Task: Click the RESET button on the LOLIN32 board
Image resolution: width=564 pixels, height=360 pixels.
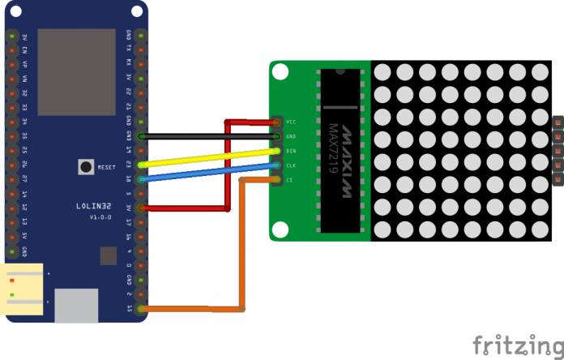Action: click(x=85, y=167)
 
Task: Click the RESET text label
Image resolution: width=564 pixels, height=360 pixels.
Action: click(x=107, y=168)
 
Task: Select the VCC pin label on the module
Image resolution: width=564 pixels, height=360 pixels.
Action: click(x=291, y=122)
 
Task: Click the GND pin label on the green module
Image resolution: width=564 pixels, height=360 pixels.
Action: click(x=291, y=136)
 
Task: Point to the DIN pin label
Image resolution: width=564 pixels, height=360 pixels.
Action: click(x=291, y=151)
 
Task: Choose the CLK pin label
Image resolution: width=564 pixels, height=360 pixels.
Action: click(x=291, y=165)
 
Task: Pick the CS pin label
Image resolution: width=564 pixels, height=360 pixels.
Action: click(x=289, y=180)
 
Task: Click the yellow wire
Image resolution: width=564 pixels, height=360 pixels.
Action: click(x=211, y=157)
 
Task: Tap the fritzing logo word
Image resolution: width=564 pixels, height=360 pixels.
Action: click(x=515, y=341)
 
